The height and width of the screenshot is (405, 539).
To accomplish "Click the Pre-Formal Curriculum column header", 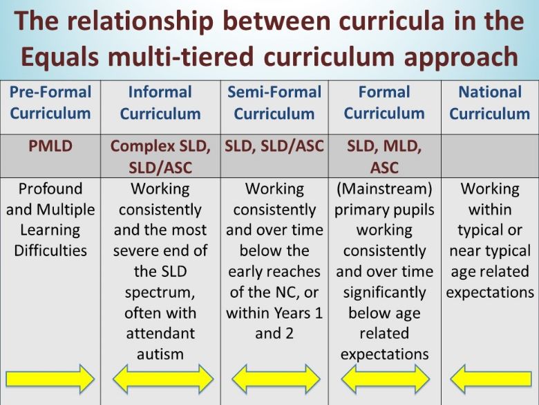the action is [50, 102].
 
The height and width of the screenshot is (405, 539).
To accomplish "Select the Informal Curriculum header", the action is [160, 102].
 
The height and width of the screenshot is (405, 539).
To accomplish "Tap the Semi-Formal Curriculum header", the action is [274, 102].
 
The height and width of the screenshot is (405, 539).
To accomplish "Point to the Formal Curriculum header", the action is [384, 102].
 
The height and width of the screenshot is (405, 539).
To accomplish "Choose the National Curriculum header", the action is [490, 102].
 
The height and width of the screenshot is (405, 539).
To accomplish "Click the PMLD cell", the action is [50, 146].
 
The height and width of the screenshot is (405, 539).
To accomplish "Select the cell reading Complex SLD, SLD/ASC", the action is [160, 156].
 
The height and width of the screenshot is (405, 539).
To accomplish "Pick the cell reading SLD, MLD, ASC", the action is [384, 156].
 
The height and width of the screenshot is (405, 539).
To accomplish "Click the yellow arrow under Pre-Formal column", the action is [50, 379].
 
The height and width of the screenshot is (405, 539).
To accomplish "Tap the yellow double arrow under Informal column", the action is [163, 379].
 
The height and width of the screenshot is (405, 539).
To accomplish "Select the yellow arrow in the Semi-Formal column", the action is [276, 379].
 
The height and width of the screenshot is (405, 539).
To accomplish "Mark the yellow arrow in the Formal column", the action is [386, 379].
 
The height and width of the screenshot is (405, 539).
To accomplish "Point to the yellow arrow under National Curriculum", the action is [491, 379].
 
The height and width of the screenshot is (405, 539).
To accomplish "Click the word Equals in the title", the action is [60, 57].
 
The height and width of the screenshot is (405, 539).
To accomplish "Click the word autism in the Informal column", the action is [160, 354].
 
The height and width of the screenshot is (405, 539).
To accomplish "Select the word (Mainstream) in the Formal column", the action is [384, 189].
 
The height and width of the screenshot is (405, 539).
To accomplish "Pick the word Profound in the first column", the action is [50, 189].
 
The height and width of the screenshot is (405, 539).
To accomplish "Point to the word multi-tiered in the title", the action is [181, 57].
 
